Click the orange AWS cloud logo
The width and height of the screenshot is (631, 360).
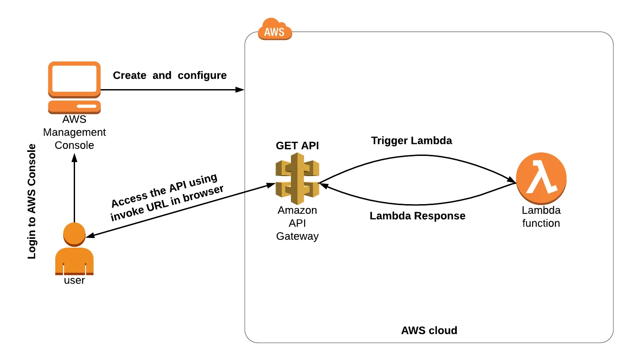pos(275,30)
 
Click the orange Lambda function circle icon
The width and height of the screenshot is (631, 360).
pos(541,179)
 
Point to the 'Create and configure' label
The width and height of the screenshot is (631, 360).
pos(170,76)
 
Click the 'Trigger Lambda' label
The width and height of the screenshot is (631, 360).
pos(411,141)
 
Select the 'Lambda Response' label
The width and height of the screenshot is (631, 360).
pos(417,216)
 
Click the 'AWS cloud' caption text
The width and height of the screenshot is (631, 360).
pos(429,331)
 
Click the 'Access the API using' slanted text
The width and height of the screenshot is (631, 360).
pos(164,191)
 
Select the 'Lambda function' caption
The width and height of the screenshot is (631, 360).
pos(541,217)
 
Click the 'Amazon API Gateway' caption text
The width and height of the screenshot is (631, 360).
pos(297,223)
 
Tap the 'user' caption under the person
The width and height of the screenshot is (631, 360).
pos(74,281)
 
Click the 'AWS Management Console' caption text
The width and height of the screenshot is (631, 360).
pos(74,132)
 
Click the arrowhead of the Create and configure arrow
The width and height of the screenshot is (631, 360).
pos(240,90)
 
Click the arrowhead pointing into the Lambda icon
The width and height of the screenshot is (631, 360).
pos(512,180)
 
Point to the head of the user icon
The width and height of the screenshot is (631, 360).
pos(74,234)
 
